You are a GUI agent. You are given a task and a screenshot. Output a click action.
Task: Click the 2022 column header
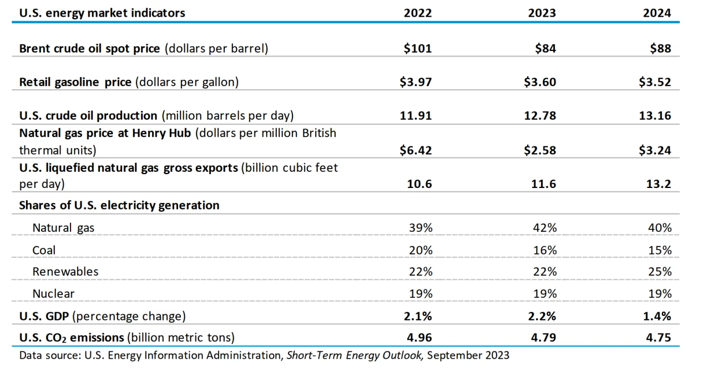pyautogui.click(x=417, y=13)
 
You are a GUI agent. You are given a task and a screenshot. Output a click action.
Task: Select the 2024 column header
pyautogui.click(x=657, y=13)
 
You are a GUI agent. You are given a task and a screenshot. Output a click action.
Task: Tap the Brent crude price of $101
pyautogui.click(x=418, y=48)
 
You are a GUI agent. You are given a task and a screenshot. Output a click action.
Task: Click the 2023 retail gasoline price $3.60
pyautogui.click(x=540, y=82)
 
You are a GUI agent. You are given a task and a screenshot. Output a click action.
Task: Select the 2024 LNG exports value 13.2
pyautogui.click(x=660, y=184)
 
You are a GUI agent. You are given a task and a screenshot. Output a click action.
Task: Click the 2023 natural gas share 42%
pyautogui.click(x=544, y=227)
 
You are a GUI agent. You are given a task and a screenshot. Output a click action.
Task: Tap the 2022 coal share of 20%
pyautogui.click(x=420, y=250)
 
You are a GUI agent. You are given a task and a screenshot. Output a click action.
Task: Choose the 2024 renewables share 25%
pyautogui.click(x=660, y=272)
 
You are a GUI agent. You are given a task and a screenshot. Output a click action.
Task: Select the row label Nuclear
pyautogui.click(x=53, y=293)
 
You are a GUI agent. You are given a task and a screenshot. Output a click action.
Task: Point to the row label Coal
pyautogui.click(x=44, y=250)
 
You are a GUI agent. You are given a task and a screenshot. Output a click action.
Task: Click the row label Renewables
pyautogui.click(x=65, y=272)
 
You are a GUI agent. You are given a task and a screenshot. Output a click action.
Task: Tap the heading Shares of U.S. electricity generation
pyautogui.click(x=119, y=205)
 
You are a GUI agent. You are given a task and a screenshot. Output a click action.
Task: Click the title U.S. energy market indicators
pyautogui.click(x=102, y=13)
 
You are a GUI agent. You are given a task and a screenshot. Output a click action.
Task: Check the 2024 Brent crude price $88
pyautogui.click(x=660, y=48)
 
